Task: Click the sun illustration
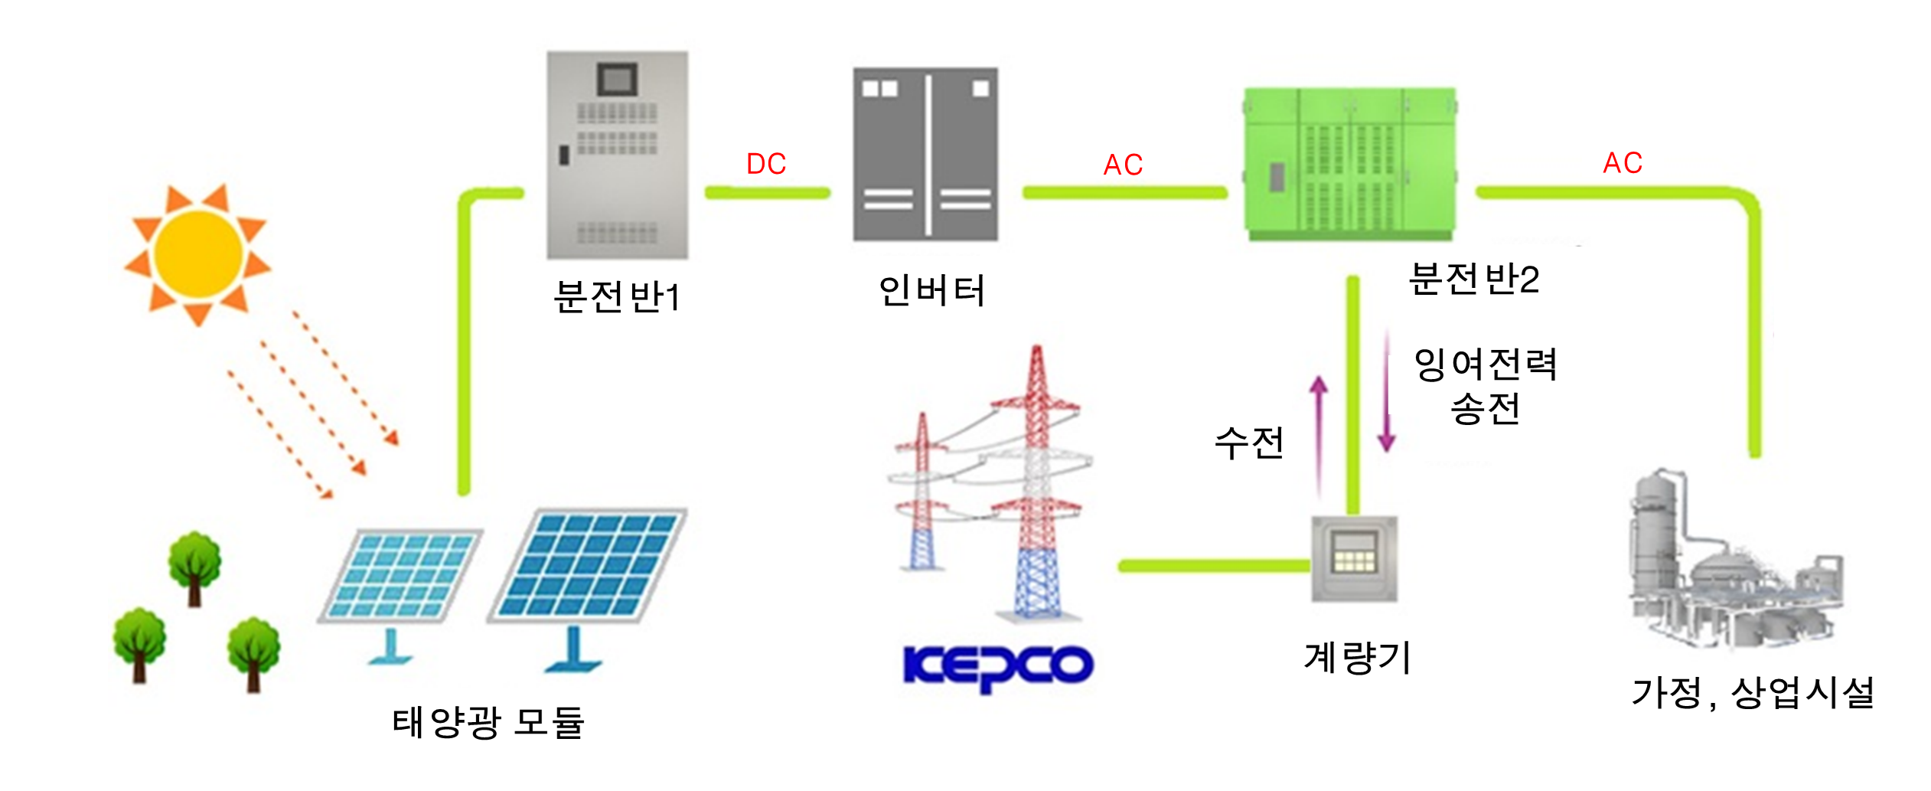pos(198,253)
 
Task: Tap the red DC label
pos(766,164)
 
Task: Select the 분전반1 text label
pos(617,296)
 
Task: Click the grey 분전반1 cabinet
pos(617,155)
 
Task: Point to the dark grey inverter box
pos(925,155)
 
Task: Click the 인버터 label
pos(931,291)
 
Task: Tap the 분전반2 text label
pos(1473,279)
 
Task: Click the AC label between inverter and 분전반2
pos(1123,165)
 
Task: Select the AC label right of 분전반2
pos(1623,162)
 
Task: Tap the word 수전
pos(1249,443)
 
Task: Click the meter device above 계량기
pos(1354,559)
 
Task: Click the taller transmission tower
pos(1036,482)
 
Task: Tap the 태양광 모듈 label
pos(488,722)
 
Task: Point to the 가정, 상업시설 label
pos(1753,693)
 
